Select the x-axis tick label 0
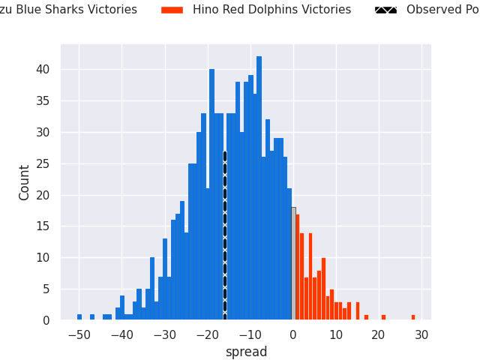click(293, 335)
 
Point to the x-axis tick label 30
click(422, 335)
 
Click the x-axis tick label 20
click(379, 335)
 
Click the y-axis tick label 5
click(46, 289)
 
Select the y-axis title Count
click(25, 182)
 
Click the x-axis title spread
click(246, 352)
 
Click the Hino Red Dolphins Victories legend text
click(271, 10)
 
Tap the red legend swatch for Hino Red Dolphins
click(172, 10)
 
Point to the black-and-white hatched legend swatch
click(385, 10)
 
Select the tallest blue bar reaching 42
click(259, 187)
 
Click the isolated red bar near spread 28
click(413, 317)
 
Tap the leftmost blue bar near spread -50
click(79, 317)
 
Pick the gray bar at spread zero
click(293, 263)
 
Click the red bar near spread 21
click(383, 317)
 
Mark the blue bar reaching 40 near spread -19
click(211, 195)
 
